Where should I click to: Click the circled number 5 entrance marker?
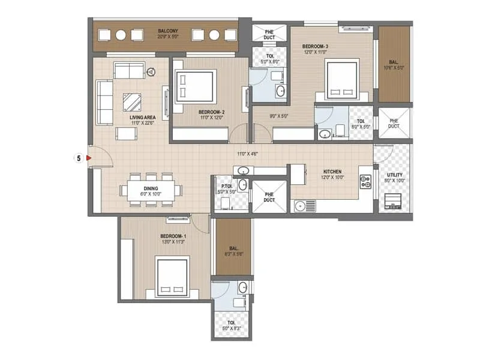(x=78, y=158)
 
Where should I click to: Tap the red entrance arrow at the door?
(x=88, y=158)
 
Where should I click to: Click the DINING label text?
(x=134, y=188)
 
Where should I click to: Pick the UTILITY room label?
(x=395, y=175)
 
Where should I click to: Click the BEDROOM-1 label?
(x=173, y=236)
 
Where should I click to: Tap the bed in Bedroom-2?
(x=195, y=88)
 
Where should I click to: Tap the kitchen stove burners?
(x=365, y=182)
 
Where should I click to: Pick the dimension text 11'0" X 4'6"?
(x=248, y=154)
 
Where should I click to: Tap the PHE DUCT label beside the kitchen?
(x=269, y=196)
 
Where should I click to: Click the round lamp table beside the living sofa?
(x=151, y=72)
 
